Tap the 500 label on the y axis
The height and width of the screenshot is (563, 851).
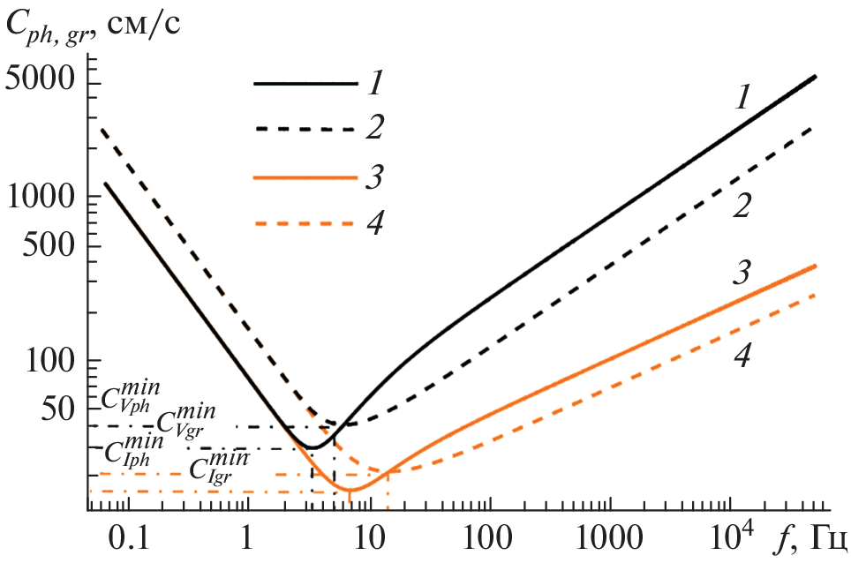tap(51, 247)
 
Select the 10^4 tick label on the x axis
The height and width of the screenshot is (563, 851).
tap(731, 532)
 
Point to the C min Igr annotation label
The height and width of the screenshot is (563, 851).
tap(215, 465)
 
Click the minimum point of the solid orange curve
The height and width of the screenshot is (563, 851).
tap(350, 490)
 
